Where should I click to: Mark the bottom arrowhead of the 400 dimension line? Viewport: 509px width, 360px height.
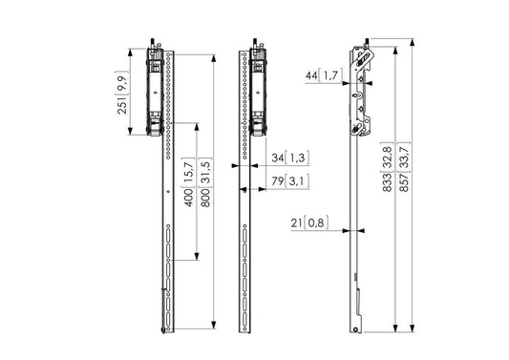click(x=196, y=258)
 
